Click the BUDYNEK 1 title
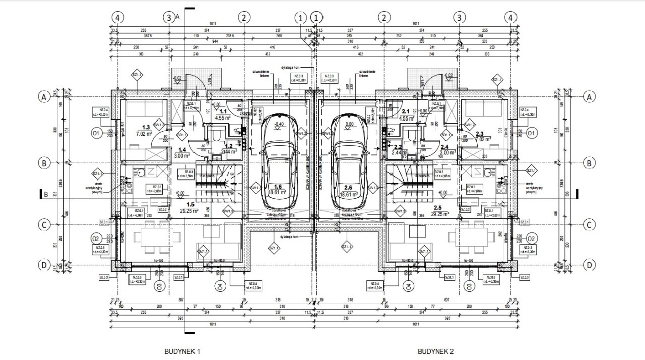pyautogui.click(x=182, y=351)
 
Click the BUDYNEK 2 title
pyautogui.click(x=435, y=351)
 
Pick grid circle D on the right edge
pyautogui.click(x=588, y=265)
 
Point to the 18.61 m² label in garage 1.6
pyautogui.click(x=278, y=192)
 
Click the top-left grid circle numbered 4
pyautogui.click(x=117, y=17)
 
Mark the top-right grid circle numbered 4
pyautogui.click(x=511, y=17)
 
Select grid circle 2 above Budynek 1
pyautogui.click(x=244, y=17)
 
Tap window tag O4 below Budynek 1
pyautogui.click(x=220, y=286)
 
